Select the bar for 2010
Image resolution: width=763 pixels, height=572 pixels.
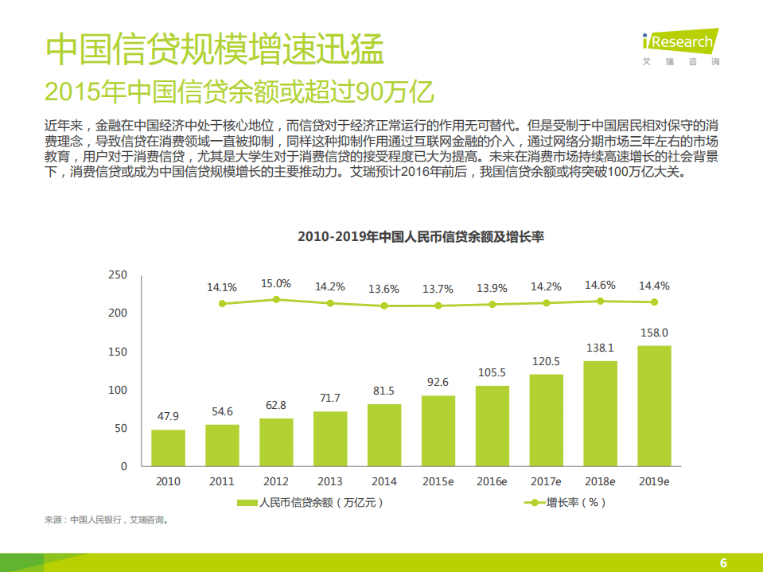pos(168,448)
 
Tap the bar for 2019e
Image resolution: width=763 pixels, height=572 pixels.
pos(654,406)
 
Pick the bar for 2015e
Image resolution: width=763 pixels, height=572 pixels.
pos(438,430)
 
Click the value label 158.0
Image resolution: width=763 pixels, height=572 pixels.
pos(654,333)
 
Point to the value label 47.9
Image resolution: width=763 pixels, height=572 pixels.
pos(168,416)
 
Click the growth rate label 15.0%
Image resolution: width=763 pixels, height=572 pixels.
pos(276,283)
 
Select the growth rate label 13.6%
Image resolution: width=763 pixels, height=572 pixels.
pos(384,289)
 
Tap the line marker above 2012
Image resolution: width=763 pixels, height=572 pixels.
pos(276,300)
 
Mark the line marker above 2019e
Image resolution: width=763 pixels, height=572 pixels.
pos(654,302)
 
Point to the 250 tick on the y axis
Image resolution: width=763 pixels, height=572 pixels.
pos(117,275)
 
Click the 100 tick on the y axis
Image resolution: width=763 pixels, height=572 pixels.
pos(117,390)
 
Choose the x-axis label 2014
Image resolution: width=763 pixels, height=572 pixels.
pos(384,481)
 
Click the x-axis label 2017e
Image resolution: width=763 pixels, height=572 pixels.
pos(546,481)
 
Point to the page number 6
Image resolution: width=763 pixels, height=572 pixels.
pos(723,562)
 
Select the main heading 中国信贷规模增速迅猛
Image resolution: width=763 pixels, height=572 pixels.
pos(215,49)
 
